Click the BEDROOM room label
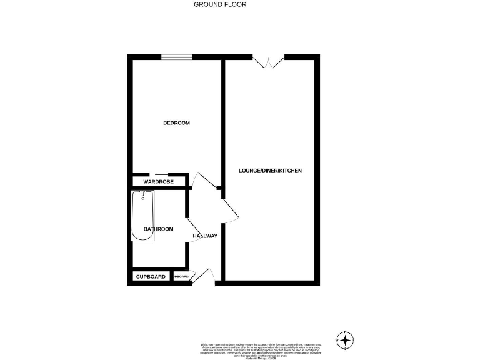[x=176, y=123]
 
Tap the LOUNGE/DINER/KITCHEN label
[x=271, y=171]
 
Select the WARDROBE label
[x=157, y=182]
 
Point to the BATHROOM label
[x=159, y=229]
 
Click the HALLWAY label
[x=205, y=236]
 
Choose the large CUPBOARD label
[x=151, y=277]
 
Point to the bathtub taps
[x=143, y=194]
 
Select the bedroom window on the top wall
[x=176, y=57]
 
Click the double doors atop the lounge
[x=269, y=61]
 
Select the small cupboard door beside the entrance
[x=194, y=275]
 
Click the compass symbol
[x=344, y=340]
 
